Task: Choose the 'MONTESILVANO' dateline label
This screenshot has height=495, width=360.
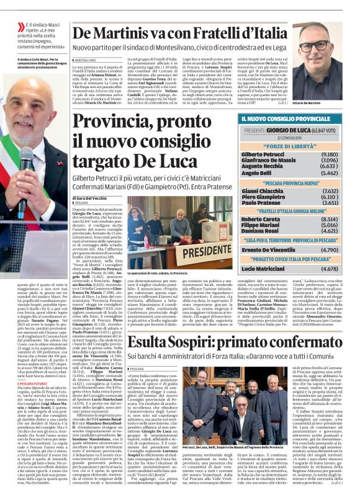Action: click(86, 60)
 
